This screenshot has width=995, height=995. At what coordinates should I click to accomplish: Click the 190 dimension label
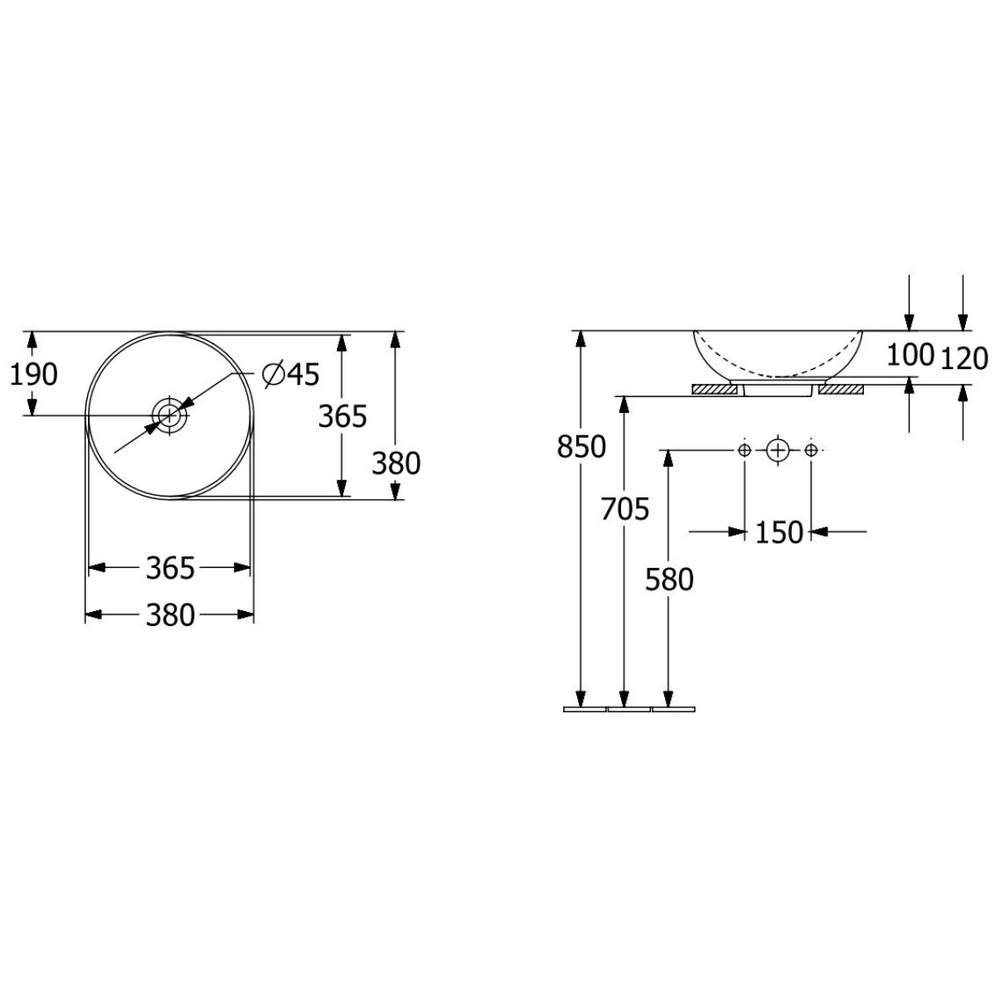coord(34,375)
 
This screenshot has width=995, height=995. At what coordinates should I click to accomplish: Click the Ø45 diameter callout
coord(291,374)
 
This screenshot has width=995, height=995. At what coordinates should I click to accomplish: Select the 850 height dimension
coord(581,447)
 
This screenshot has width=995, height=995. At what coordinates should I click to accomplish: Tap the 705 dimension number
coord(625,510)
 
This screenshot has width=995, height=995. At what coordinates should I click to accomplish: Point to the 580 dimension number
coord(669,580)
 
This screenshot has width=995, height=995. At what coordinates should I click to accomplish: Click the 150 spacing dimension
coord(779,532)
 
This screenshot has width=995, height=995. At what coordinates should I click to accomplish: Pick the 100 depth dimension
coord(910,355)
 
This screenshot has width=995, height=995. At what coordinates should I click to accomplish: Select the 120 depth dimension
coord(964,359)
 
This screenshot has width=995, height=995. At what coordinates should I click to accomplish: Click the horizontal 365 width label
coord(170,569)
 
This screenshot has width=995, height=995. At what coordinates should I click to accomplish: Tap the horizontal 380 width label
coord(170,615)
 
